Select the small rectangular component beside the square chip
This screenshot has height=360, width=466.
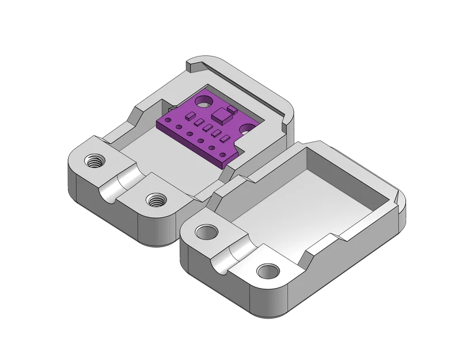click(231, 108)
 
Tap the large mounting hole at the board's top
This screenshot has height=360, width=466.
click(203, 101)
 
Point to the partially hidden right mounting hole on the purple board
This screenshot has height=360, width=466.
click(249, 128)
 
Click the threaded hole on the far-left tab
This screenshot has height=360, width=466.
click(93, 160)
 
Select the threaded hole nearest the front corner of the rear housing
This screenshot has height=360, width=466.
click(154, 200)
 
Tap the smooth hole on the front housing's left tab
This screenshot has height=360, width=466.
click(205, 232)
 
